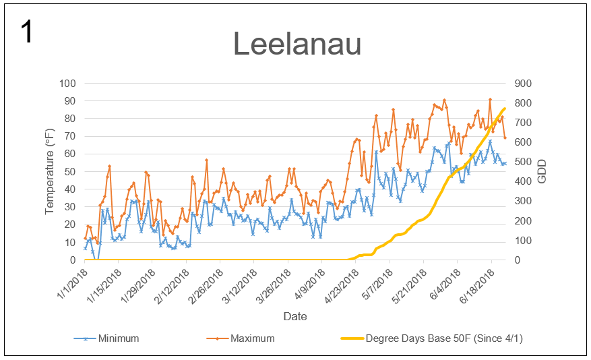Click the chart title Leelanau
(297, 44)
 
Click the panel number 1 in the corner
(27, 32)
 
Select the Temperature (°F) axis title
(50, 172)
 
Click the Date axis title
(295, 316)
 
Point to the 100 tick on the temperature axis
(68, 84)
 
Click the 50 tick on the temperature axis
(71, 172)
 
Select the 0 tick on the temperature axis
(73, 260)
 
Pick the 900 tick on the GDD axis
(524, 84)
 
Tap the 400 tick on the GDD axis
(524, 182)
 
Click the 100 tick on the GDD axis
(524, 241)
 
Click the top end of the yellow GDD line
(504, 109)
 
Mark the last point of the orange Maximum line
(505, 138)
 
